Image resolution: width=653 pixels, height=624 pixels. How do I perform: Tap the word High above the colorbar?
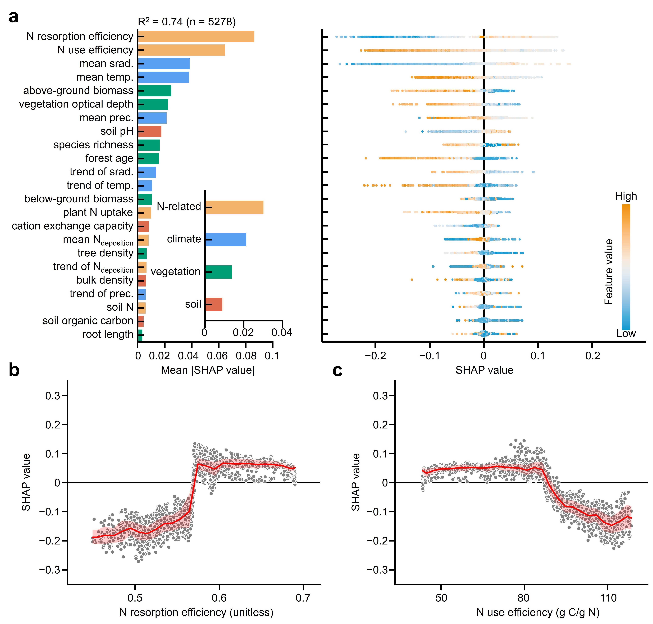pos(626,196)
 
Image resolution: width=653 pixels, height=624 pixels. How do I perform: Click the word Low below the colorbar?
pos(626,334)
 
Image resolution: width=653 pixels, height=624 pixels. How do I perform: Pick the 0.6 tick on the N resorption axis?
pos(219,598)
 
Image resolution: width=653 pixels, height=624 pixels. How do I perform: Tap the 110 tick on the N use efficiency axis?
pos(608,598)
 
